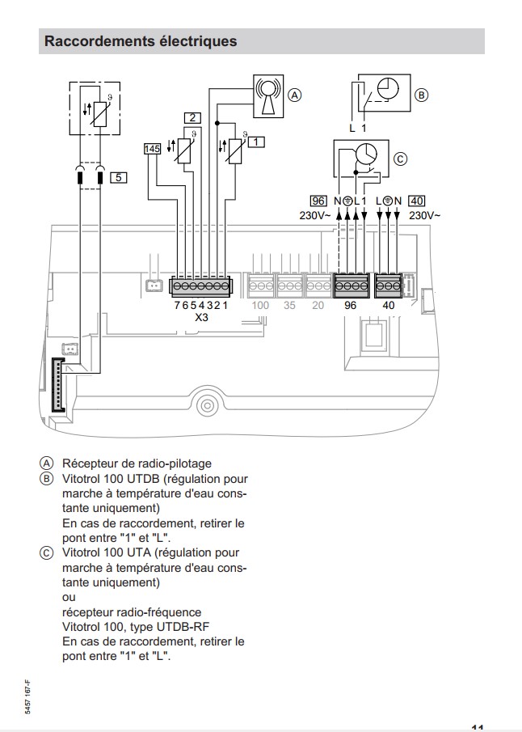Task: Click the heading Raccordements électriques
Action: tap(141, 40)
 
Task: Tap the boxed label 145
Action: tap(152, 149)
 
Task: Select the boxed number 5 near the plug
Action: tap(118, 177)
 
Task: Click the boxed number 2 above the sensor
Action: tap(192, 118)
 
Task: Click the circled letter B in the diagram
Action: tap(421, 95)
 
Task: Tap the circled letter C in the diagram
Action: tap(400, 159)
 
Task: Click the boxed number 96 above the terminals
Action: tap(318, 201)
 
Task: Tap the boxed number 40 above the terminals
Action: tap(417, 201)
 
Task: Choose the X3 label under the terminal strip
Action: tap(203, 319)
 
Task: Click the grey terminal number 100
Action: tap(260, 306)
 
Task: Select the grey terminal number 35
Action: tap(289, 306)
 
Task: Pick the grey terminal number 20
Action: tap(318, 306)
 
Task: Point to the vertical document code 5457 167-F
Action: tap(28, 696)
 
